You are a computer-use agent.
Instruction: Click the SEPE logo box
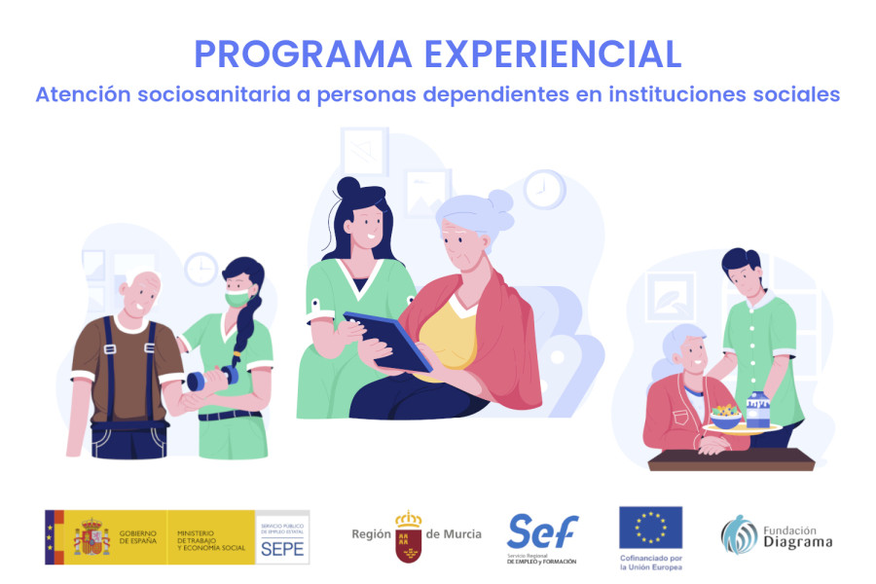coord(283,537)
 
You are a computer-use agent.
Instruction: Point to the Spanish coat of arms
coord(91,537)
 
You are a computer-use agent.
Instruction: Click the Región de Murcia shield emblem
coord(409,536)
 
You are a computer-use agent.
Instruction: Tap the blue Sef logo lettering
coord(542,531)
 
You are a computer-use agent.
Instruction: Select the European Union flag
coord(650,528)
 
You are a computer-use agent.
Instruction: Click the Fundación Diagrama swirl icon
coord(739,534)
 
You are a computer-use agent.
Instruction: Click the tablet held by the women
coord(386,340)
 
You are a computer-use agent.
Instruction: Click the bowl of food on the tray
coord(725,417)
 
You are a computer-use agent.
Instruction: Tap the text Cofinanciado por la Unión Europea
coord(650,562)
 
